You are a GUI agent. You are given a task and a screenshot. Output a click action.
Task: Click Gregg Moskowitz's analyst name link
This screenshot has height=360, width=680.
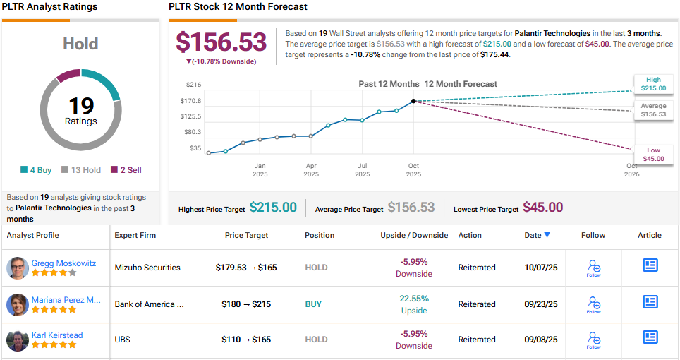point(63,263)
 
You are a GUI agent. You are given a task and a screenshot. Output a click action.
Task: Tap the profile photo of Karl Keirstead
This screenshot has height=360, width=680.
point(18,341)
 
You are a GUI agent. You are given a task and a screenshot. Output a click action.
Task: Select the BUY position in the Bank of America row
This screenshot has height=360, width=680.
point(313,304)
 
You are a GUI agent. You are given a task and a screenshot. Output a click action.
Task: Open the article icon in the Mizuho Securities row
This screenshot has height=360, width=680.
point(650,265)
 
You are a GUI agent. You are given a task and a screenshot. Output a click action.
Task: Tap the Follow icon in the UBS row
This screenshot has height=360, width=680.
point(593,340)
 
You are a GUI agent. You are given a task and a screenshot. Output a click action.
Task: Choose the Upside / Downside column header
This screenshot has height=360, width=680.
point(413,235)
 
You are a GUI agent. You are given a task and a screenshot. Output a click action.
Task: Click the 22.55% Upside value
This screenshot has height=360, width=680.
point(413,298)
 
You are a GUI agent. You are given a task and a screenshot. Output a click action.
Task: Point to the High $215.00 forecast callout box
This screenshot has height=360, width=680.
point(653,84)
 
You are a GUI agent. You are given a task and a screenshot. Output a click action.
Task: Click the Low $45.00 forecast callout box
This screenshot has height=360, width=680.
point(653,155)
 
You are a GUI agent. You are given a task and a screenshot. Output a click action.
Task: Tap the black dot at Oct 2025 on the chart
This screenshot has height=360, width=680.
point(413,101)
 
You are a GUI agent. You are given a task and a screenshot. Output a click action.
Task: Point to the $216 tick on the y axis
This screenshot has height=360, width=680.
point(193,85)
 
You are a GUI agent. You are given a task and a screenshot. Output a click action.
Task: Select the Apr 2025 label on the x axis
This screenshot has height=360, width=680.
point(311,170)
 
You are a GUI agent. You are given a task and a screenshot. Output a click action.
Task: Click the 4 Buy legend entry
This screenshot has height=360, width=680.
point(37,169)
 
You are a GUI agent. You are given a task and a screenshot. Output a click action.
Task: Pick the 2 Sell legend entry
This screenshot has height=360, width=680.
point(126,169)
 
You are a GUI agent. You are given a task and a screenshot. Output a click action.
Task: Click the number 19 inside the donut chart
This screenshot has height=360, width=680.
point(81,106)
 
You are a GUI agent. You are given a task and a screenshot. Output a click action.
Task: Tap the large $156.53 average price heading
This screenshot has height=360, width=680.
point(221,42)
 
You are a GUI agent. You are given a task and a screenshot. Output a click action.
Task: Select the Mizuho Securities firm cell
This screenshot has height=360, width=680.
point(147,268)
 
